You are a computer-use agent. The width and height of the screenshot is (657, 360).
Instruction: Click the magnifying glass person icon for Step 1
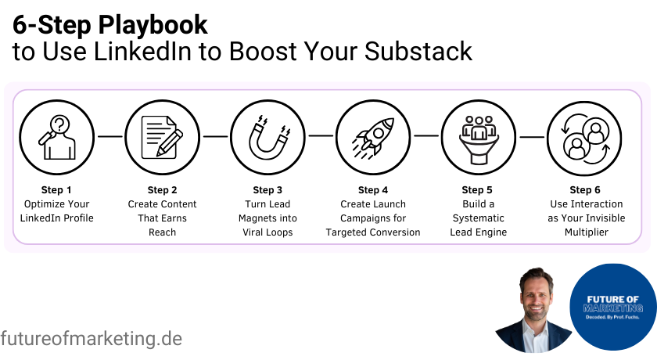(x=56, y=135)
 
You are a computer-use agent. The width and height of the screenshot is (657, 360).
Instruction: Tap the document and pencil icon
(x=162, y=135)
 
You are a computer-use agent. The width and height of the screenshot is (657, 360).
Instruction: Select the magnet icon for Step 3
(x=267, y=135)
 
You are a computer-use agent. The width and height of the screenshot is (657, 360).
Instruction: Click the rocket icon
(x=373, y=135)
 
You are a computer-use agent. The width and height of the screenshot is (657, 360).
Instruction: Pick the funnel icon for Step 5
(x=478, y=135)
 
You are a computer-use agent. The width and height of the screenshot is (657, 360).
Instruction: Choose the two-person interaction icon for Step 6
(x=584, y=135)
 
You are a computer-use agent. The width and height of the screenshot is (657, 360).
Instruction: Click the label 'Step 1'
(x=56, y=189)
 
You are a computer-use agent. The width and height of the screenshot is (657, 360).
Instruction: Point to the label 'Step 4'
(x=373, y=190)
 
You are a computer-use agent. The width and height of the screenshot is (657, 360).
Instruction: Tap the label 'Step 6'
(x=585, y=190)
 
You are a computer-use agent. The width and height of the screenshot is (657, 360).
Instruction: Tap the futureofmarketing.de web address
(x=92, y=339)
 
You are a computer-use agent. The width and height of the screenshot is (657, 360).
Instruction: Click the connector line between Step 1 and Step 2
(x=109, y=135)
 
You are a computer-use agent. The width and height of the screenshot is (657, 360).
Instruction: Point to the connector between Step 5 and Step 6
(x=531, y=135)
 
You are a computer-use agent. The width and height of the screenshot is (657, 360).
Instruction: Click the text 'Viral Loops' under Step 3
(x=267, y=232)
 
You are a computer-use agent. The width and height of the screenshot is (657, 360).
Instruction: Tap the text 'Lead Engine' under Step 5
(x=478, y=232)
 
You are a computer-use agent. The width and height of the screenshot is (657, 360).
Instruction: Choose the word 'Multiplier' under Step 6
(x=585, y=232)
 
